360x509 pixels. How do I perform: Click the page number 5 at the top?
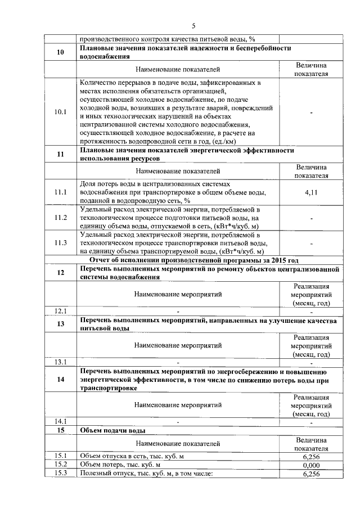pos(193,26)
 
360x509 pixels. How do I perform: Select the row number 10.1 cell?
pos(61,112)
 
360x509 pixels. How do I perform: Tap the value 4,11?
pos(311,192)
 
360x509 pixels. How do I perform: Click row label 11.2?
pos(61,218)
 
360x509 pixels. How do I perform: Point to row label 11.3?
pos(61,243)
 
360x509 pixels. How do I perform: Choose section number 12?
pos(61,273)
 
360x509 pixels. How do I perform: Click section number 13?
pos(61,325)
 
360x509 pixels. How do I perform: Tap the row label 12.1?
pos(61,311)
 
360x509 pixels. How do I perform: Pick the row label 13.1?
pos(61,362)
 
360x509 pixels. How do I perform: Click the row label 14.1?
pos(61,421)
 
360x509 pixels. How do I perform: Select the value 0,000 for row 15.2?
pos(311,465)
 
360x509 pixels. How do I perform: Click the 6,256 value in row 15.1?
pos(311,456)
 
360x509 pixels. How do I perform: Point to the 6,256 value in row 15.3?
pos(311,474)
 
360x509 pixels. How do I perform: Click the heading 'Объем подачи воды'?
pos(113,430)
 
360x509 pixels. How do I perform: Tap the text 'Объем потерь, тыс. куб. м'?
pos(121,465)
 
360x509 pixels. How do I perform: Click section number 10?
pos(61,53)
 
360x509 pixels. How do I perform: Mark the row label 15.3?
pos(61,474)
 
